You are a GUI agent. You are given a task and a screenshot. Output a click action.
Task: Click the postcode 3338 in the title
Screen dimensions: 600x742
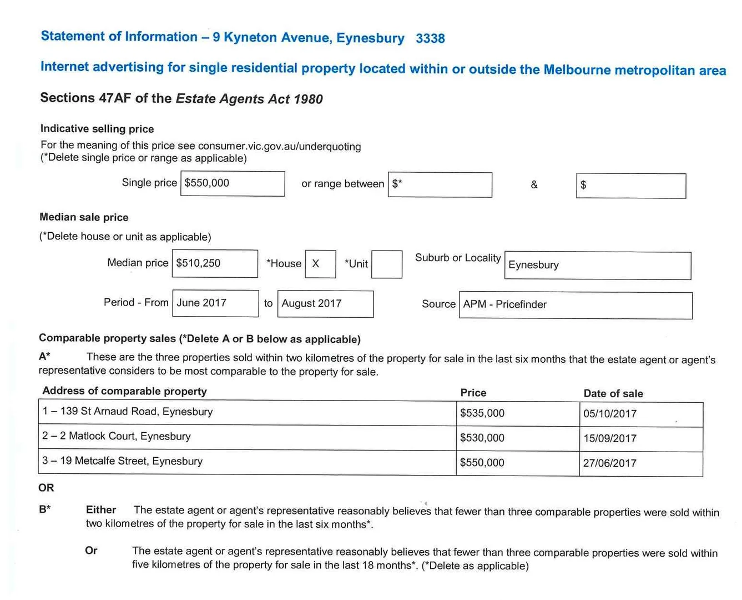430,38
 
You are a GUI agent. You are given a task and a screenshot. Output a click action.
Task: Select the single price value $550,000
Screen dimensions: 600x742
207,183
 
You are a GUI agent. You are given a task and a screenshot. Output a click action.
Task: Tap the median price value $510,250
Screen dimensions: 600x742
198,263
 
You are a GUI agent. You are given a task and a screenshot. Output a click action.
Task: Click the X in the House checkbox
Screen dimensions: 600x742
315,264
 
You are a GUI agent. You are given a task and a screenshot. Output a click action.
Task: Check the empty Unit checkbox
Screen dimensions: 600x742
387,264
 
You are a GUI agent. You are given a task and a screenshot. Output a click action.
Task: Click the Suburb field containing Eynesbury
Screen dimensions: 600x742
597,266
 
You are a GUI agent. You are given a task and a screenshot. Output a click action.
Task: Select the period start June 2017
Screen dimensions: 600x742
201,303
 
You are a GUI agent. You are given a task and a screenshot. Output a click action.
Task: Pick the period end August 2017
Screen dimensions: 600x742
311,303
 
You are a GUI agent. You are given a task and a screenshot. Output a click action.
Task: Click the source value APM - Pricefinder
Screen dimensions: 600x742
504,304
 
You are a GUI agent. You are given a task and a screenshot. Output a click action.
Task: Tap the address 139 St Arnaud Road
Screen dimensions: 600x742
128,412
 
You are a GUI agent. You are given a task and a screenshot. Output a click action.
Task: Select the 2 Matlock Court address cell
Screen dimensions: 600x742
117,437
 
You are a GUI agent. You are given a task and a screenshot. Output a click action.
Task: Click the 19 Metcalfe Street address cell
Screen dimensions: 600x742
123,461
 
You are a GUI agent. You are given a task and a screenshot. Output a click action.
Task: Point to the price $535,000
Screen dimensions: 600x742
482,413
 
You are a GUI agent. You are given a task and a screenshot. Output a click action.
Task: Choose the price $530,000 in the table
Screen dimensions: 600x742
482,438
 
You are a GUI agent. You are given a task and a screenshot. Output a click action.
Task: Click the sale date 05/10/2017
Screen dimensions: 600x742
610,414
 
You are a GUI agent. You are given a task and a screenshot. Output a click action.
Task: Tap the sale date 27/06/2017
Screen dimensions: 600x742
610,463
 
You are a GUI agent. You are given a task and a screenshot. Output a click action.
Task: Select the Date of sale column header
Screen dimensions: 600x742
613,393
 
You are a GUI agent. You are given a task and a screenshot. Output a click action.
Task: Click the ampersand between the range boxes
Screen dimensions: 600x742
534,185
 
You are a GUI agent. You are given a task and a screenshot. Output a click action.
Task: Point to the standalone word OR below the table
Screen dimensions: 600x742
46,488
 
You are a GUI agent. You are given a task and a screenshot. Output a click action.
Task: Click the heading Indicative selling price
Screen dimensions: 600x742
97,129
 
